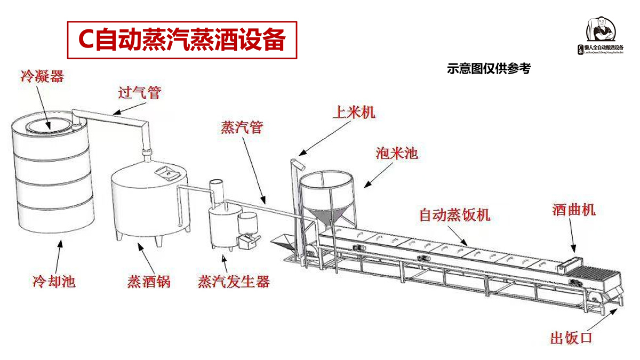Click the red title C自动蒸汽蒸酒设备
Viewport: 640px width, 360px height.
click(181, 40)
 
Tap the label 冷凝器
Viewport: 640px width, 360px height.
click(42, 76)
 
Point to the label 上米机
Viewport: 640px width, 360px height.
click(354, 113)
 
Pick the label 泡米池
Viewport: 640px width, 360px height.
click(396, 154)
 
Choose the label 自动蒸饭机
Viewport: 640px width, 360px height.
click(454, 215)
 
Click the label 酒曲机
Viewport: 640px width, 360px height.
click(573, 210)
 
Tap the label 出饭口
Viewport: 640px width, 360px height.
click(571, 338)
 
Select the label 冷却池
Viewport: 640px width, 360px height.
click(54, 281)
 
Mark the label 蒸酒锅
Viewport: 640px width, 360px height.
click(149, 281)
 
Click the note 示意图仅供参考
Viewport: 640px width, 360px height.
click(489, 69)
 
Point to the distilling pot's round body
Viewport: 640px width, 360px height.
click(149, 203)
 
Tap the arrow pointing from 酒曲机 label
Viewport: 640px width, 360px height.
click(572, 235)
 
